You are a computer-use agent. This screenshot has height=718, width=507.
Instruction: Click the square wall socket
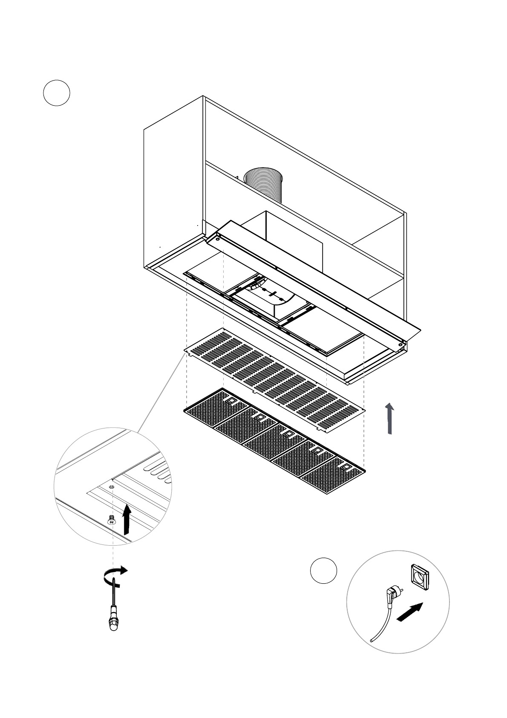tap(420, 577)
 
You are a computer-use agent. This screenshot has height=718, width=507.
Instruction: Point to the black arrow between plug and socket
tap(410, 612)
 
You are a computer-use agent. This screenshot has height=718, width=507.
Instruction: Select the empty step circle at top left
tap(57, 93)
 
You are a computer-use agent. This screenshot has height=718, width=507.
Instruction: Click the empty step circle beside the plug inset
tap(323, 570)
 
